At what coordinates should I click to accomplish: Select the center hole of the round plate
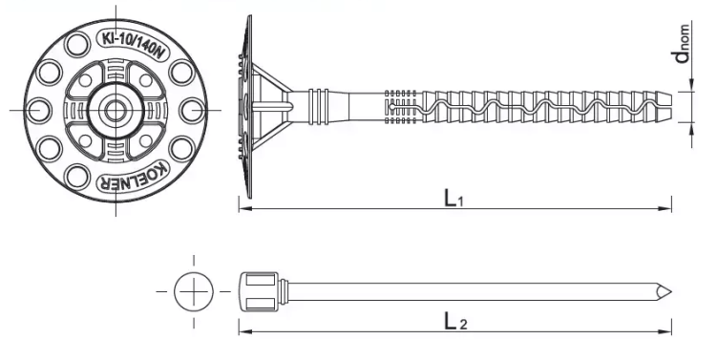tap(115, 110)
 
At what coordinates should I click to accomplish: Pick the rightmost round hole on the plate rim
tap(191, 110)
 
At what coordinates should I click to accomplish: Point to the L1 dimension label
tap(453, 198)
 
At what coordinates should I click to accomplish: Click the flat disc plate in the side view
tap(247, 107)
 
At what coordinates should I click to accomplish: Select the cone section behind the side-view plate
tap(272, 107)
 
